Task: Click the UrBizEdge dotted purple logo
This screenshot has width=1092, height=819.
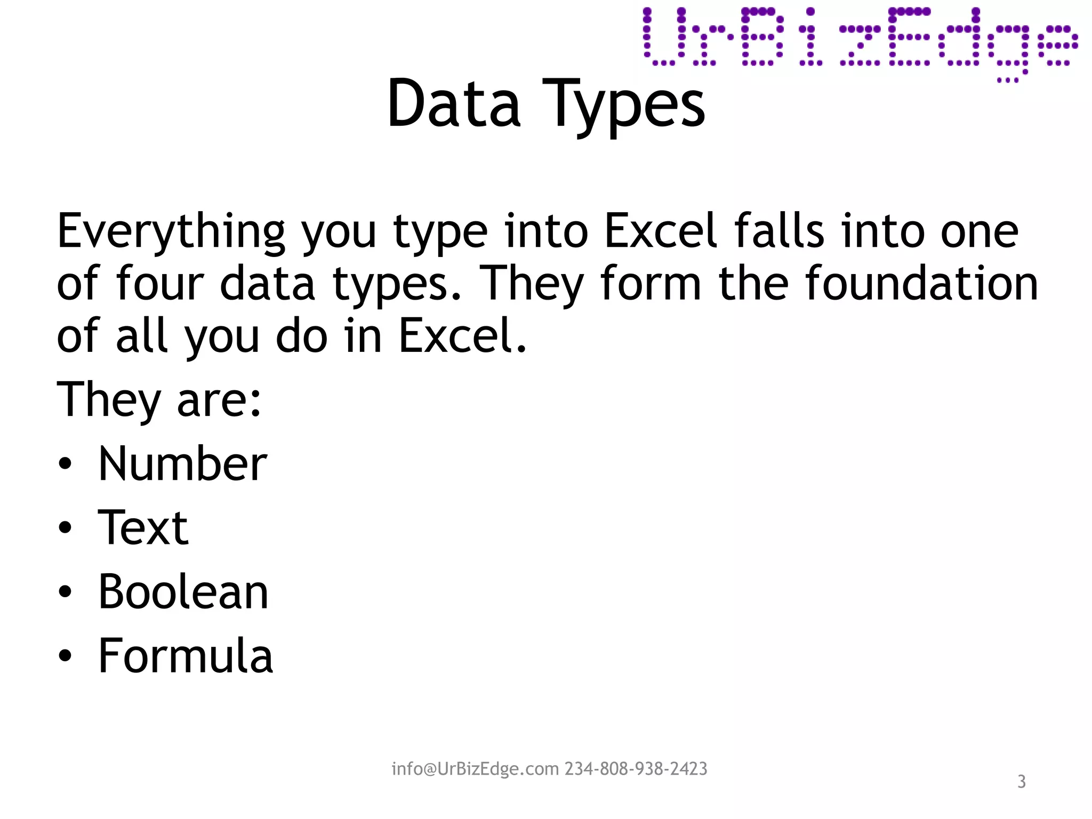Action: tap(860, 39)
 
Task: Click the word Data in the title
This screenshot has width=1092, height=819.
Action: tap(453, 103)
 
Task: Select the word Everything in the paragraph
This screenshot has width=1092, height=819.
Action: tap(171, 232)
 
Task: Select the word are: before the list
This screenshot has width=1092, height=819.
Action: tap(219, 400)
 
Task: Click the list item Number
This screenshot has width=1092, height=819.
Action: tap(182, 464)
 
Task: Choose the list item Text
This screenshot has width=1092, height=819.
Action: tap(143, 528)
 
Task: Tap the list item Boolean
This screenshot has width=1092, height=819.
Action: tap(183, 592)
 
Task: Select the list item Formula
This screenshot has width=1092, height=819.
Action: tap(185, 656)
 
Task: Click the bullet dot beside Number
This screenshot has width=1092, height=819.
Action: tap(65, 464)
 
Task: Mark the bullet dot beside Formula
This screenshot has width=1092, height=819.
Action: tap(65, 656)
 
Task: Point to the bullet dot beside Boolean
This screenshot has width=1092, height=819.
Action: tap(65, 592)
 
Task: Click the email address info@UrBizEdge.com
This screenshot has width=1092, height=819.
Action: tap(475, 769)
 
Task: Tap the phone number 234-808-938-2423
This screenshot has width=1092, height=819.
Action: tap(636, 769)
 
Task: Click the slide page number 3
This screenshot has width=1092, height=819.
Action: tap(1021, 782)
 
